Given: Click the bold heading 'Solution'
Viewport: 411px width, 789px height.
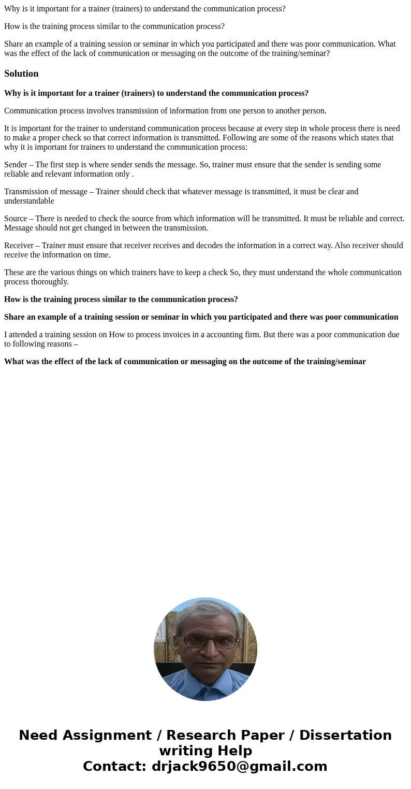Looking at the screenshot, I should [21, 74].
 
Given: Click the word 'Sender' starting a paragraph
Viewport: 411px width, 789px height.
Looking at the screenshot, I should [16, 165].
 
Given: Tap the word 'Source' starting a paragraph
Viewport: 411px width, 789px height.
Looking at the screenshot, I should [16, 219].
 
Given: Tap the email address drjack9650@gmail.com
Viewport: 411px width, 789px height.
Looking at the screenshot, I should [239, 766].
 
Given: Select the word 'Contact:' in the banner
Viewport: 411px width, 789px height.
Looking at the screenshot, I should [114, 766].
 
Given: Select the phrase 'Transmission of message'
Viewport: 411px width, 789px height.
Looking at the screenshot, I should [46, 192].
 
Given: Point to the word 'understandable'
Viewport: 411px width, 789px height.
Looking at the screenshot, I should [29, 201].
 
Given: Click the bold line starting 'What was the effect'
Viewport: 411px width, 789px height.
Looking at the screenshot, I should [185, 362].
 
